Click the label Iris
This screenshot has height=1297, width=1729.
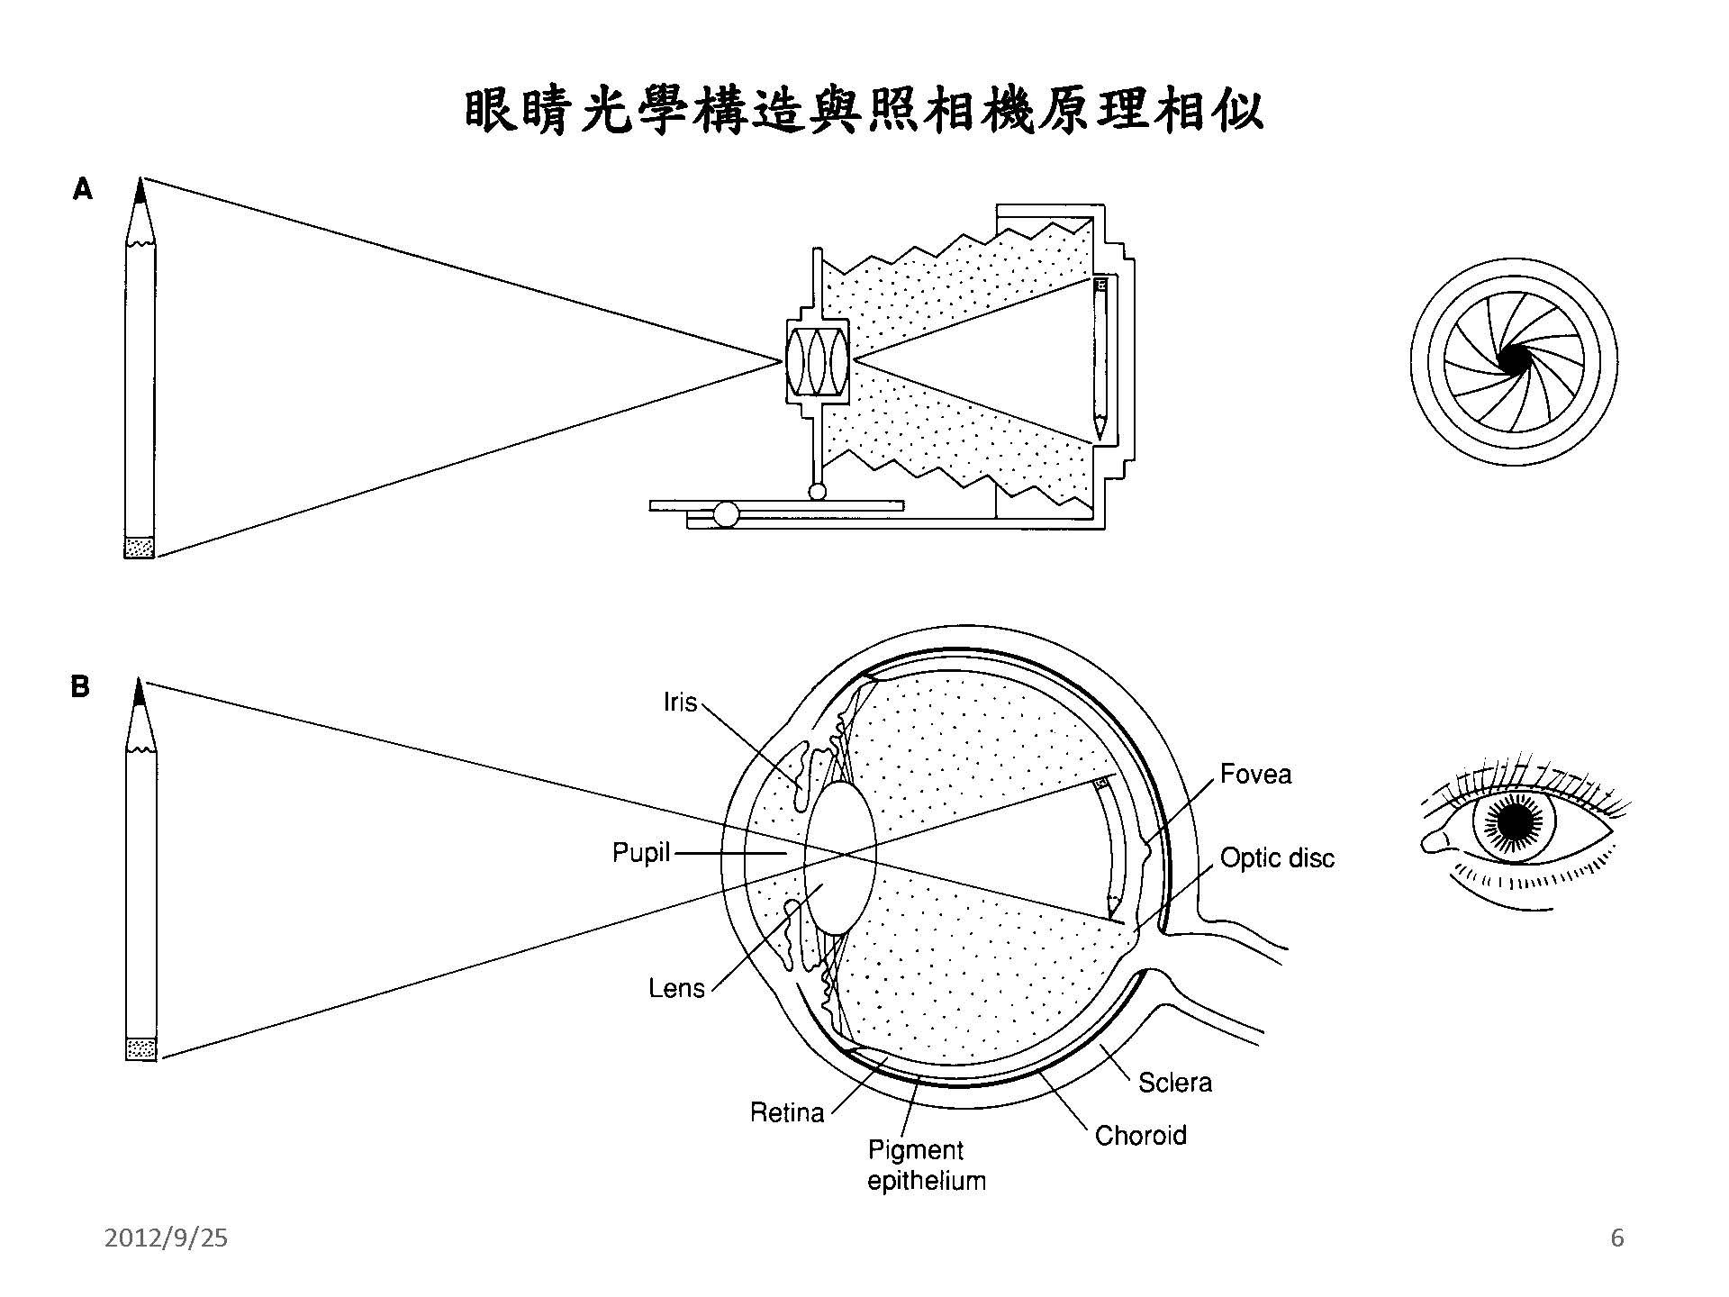680,702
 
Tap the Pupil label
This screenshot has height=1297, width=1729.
641,852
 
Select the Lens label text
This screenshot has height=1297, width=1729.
676,988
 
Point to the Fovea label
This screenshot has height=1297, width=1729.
1255,775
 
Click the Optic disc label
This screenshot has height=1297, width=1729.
1276,858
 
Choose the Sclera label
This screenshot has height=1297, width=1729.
1174,1082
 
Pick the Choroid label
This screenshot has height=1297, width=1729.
1140,1135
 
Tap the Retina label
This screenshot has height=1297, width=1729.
787,1113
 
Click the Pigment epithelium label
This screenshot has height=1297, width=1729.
926,1165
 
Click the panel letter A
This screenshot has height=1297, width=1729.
83,190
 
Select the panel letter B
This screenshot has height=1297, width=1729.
81,687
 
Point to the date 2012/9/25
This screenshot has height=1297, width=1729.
167,1238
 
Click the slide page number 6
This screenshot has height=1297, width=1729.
1617,1238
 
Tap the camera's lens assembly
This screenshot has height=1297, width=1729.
818,362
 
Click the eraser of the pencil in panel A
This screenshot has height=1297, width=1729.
140,547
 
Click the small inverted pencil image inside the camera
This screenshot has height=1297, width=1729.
1100,360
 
